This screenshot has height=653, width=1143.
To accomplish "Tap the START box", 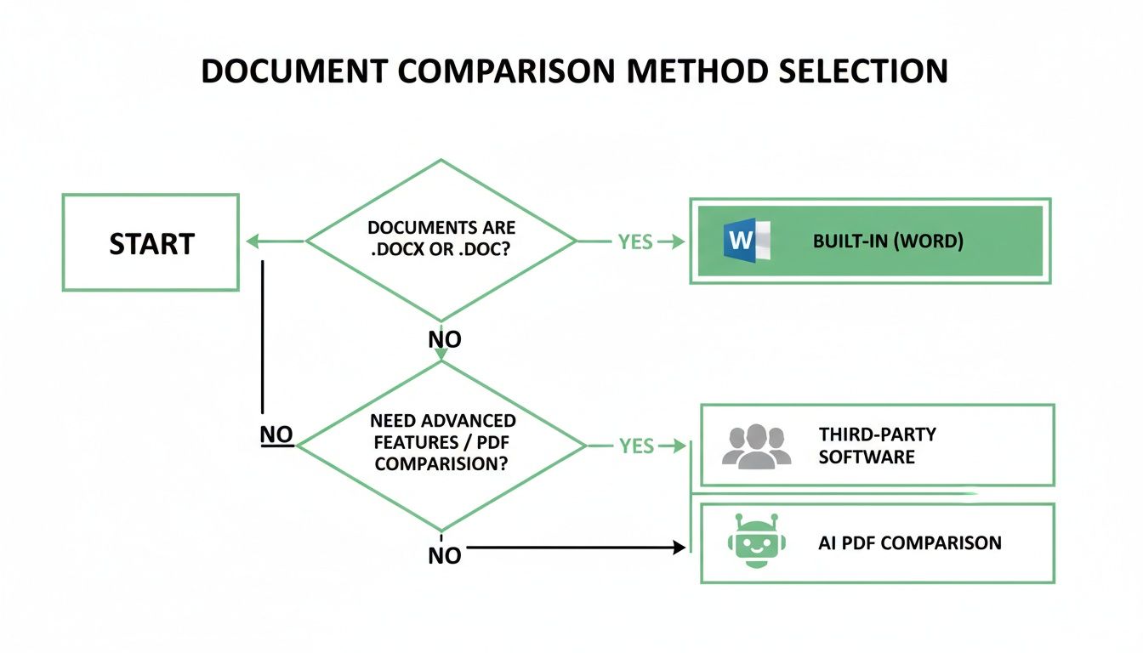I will tap(151, 243).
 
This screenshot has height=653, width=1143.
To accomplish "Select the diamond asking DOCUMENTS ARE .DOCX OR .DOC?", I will tap(441, 241).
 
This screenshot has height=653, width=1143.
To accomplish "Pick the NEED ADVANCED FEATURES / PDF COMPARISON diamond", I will tap(441, 443).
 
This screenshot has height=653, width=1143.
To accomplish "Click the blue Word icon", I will tap(745, 241).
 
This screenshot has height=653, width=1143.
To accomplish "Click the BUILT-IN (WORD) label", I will tap(888, 241).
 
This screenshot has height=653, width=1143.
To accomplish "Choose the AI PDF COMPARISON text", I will tap(909, 542).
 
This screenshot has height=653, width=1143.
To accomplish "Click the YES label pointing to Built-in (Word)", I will tap(635, 241).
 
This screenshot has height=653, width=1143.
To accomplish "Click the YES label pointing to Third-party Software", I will tap(636, 446).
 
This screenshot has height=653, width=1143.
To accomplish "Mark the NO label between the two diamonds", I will tap(444, 339).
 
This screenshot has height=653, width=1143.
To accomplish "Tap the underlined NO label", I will tap(276, 435).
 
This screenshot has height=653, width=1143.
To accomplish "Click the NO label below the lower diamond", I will tap(444, 555).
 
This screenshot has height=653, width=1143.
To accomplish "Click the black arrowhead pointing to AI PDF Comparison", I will tap(679, 548).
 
